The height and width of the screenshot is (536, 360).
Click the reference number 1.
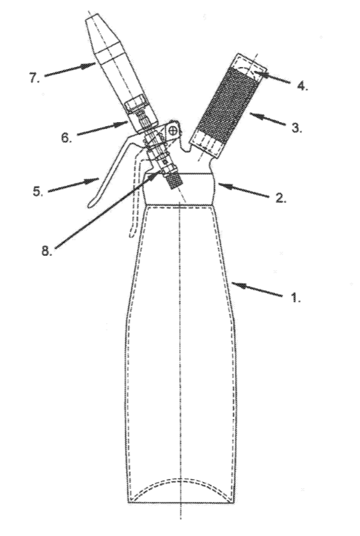point(295,298)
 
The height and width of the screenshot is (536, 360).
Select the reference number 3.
point(297,128)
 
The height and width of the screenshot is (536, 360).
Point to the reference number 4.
point(302,86)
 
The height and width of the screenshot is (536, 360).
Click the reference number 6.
point(66,137)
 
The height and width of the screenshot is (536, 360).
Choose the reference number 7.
point(34,78)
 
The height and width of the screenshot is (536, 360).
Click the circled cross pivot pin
point(173,130)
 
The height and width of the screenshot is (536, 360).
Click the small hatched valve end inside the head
point(175,181)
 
